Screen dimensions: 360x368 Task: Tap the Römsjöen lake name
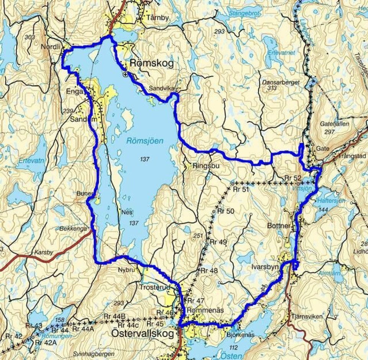(145, 141)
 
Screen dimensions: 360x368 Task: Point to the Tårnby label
(158, 18)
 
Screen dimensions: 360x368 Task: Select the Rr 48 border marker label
(209, 271)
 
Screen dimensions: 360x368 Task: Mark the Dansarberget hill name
(274, 83)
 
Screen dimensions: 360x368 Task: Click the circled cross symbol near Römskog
(125, 75)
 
